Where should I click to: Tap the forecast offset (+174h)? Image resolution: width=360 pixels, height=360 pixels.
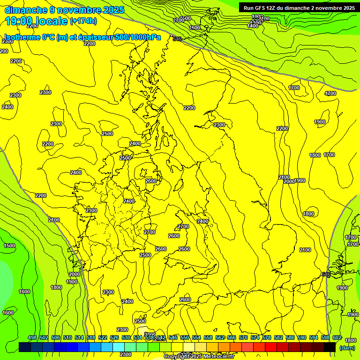83,21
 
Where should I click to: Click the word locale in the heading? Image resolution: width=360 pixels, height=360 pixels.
53,21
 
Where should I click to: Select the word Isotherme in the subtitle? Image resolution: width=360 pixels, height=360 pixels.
22,37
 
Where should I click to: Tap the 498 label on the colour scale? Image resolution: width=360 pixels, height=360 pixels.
32,338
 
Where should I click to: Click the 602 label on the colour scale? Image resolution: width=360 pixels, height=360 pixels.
337,338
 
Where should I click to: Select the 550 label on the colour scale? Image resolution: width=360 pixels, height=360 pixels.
185,338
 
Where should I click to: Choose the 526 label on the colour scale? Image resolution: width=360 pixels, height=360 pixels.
114,338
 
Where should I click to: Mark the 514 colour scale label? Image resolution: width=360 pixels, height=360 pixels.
79,338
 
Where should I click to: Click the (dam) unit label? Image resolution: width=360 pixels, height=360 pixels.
347,347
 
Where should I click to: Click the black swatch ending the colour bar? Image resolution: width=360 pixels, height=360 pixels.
330,347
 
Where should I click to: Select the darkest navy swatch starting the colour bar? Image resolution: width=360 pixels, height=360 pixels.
25,347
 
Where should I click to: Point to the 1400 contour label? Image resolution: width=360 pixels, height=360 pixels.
253,26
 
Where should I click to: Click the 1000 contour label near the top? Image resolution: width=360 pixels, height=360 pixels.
257,16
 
